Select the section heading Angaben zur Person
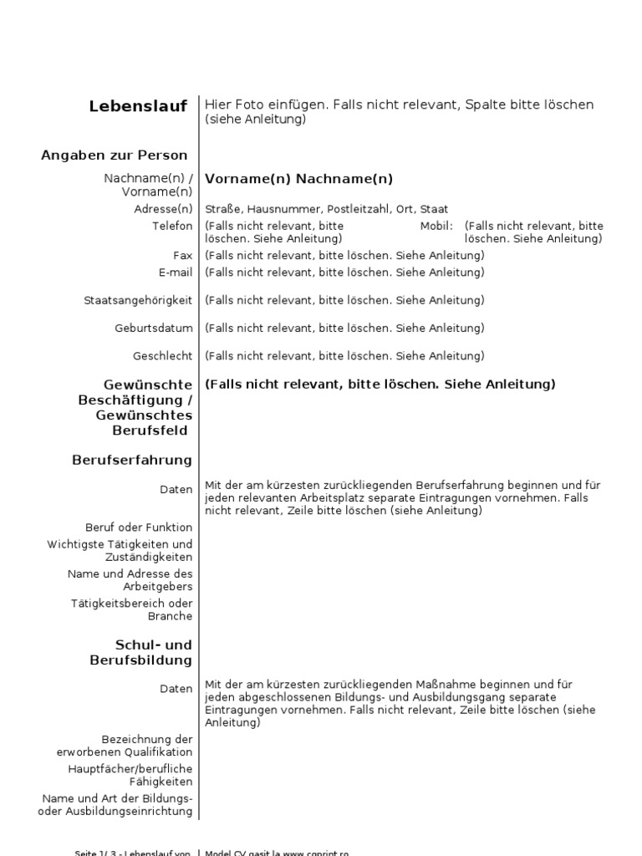114,155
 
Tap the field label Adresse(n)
163,209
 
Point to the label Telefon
171,226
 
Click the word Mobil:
436,226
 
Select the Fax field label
182,256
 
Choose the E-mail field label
176,273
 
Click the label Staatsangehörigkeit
138,300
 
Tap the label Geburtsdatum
154,328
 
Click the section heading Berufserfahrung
132,460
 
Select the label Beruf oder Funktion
139,527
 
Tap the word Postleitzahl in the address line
358,209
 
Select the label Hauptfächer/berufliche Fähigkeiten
130,775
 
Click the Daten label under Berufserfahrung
176,490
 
